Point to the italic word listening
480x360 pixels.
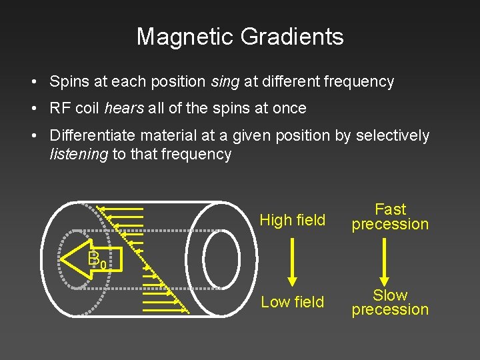pos(79,155)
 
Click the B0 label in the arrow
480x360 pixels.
pos(95,259)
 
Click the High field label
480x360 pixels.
pos(293,220)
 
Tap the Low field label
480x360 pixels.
pos(293,302)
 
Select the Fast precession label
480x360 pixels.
pos(390,217)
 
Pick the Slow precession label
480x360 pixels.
pos(390,302)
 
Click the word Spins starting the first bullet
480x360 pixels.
pos(69,82)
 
